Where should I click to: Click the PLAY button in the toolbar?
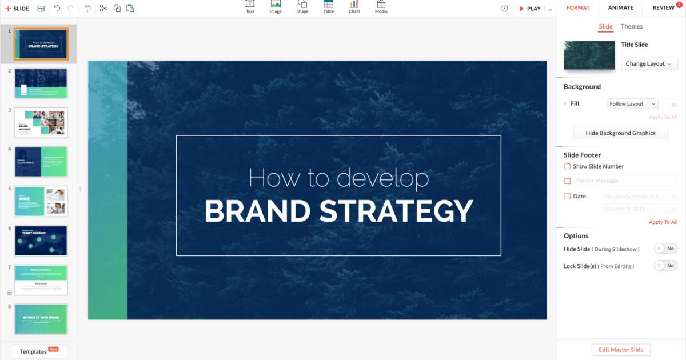tap(530, 9)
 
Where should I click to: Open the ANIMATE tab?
tap(620, 8)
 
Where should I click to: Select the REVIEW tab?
tap(663, 8)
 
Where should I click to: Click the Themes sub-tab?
tap(632, 26)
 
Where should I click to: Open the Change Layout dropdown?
tap(649, 64)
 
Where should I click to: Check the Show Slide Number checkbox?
tap(567, 166)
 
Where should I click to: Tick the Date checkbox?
tap(567, 196)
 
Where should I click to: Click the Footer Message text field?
tap(625, 181)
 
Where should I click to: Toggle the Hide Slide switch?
tap(665, 249)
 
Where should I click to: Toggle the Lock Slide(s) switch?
tap(665, 266)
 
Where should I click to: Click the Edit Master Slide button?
tap(621, 350)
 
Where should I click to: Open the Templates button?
tap(38, 351)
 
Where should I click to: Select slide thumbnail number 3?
tap(41, 122)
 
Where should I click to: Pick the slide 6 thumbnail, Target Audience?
tap(41, 241)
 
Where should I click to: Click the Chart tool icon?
tap(354, 7)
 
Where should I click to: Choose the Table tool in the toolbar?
tap(329, 7)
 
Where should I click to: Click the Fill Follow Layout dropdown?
tap(632, 104)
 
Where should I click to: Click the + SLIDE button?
tap(17, 9)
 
